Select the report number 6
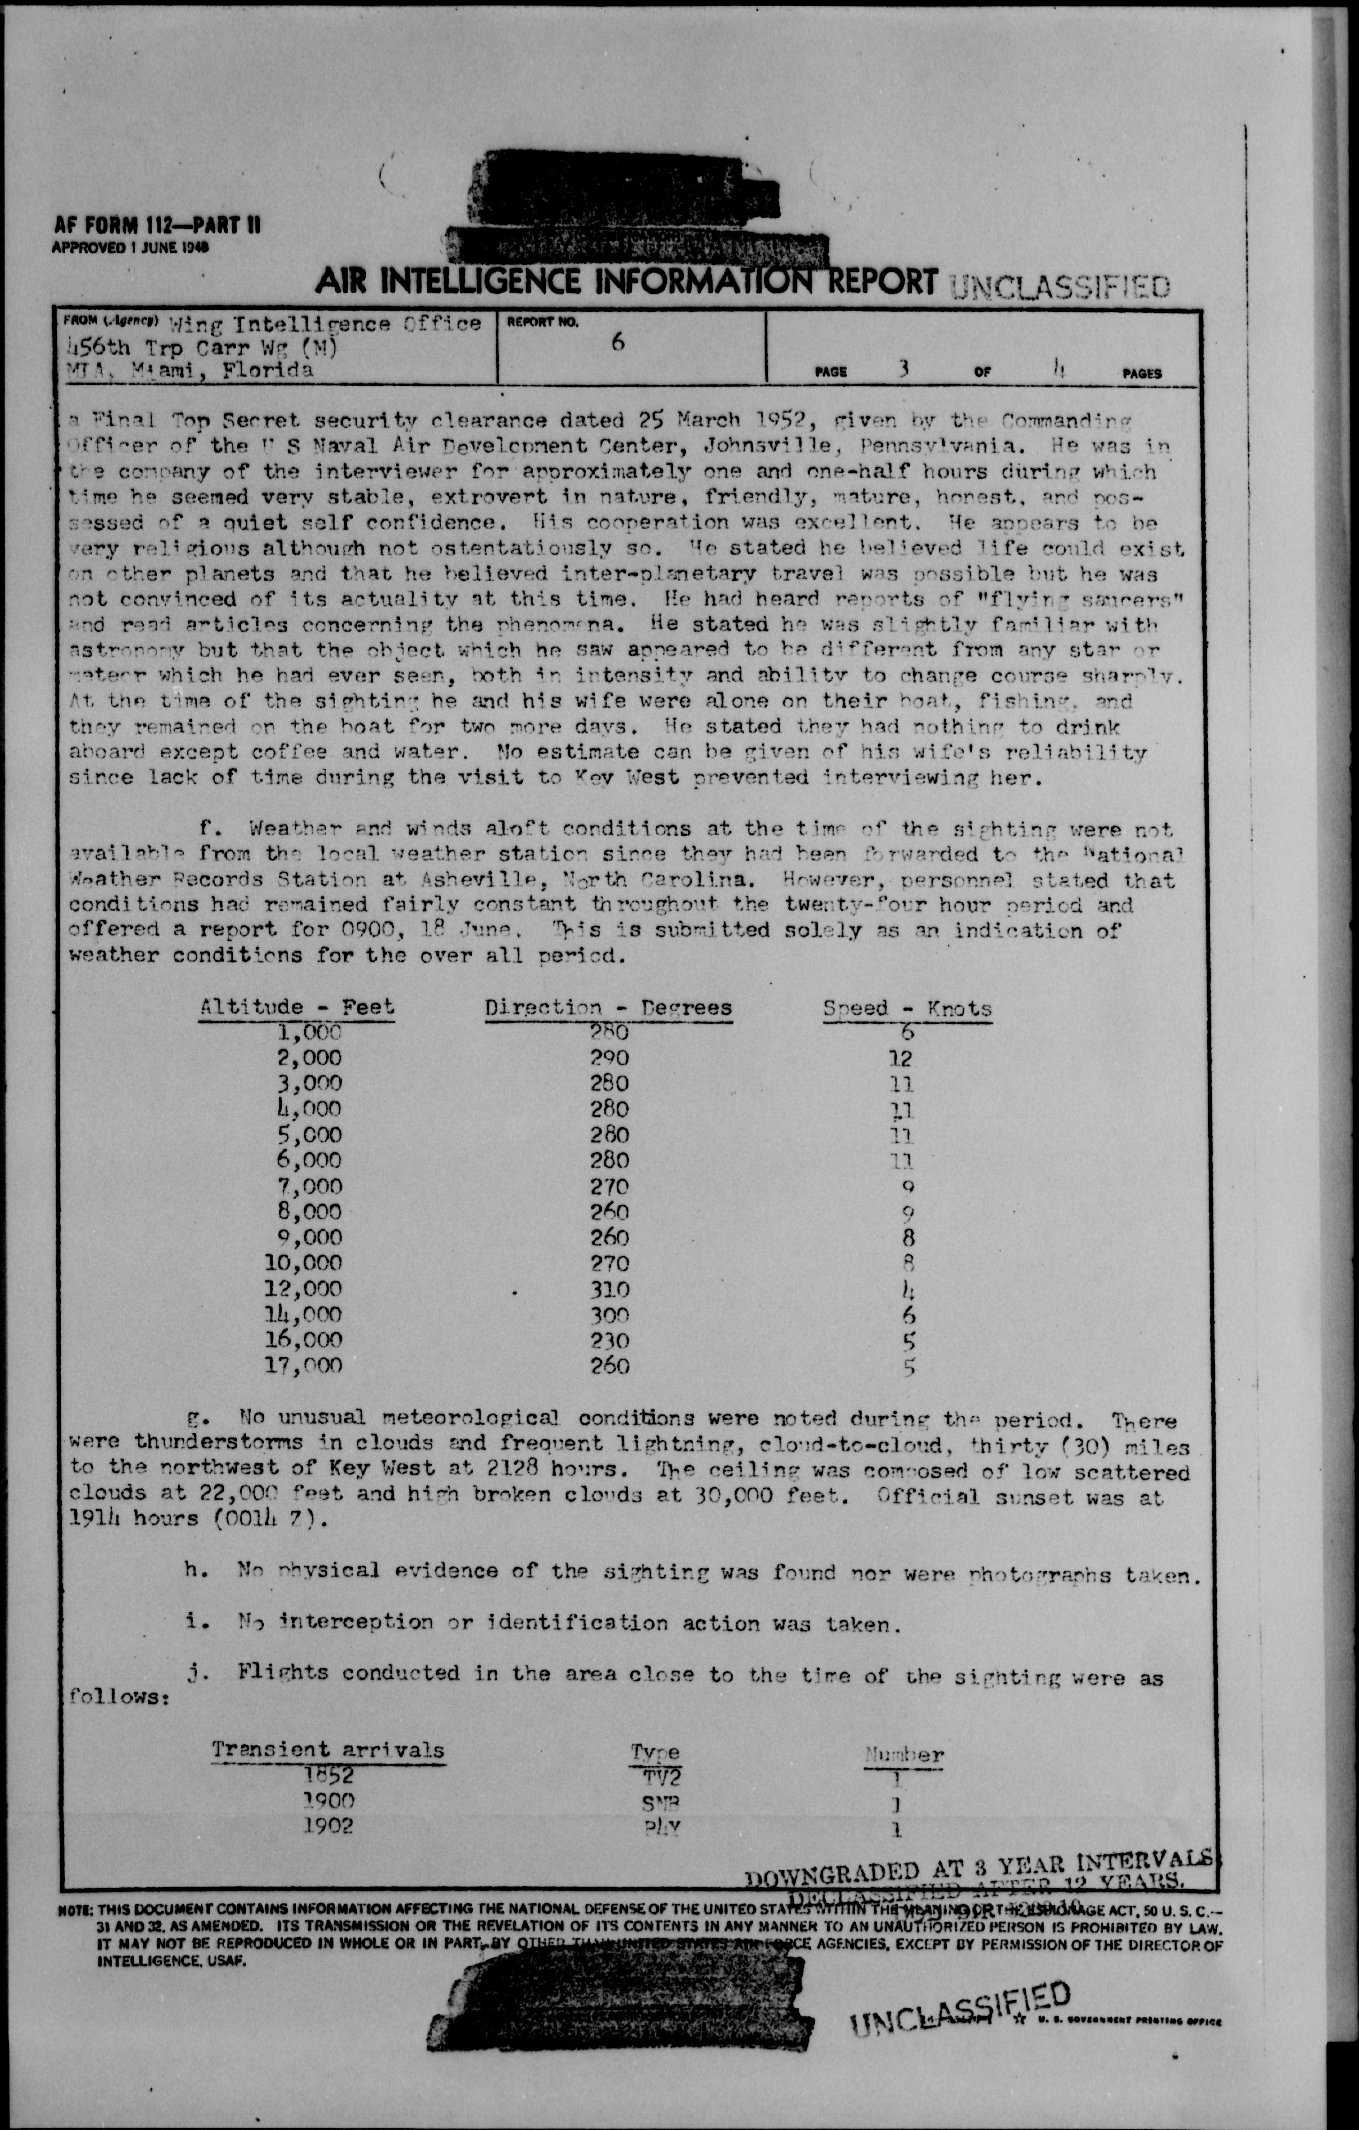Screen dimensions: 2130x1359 pos(617,342)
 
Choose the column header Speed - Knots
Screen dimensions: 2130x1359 pos(907,1009)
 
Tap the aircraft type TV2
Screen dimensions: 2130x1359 pos(656,1776)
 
